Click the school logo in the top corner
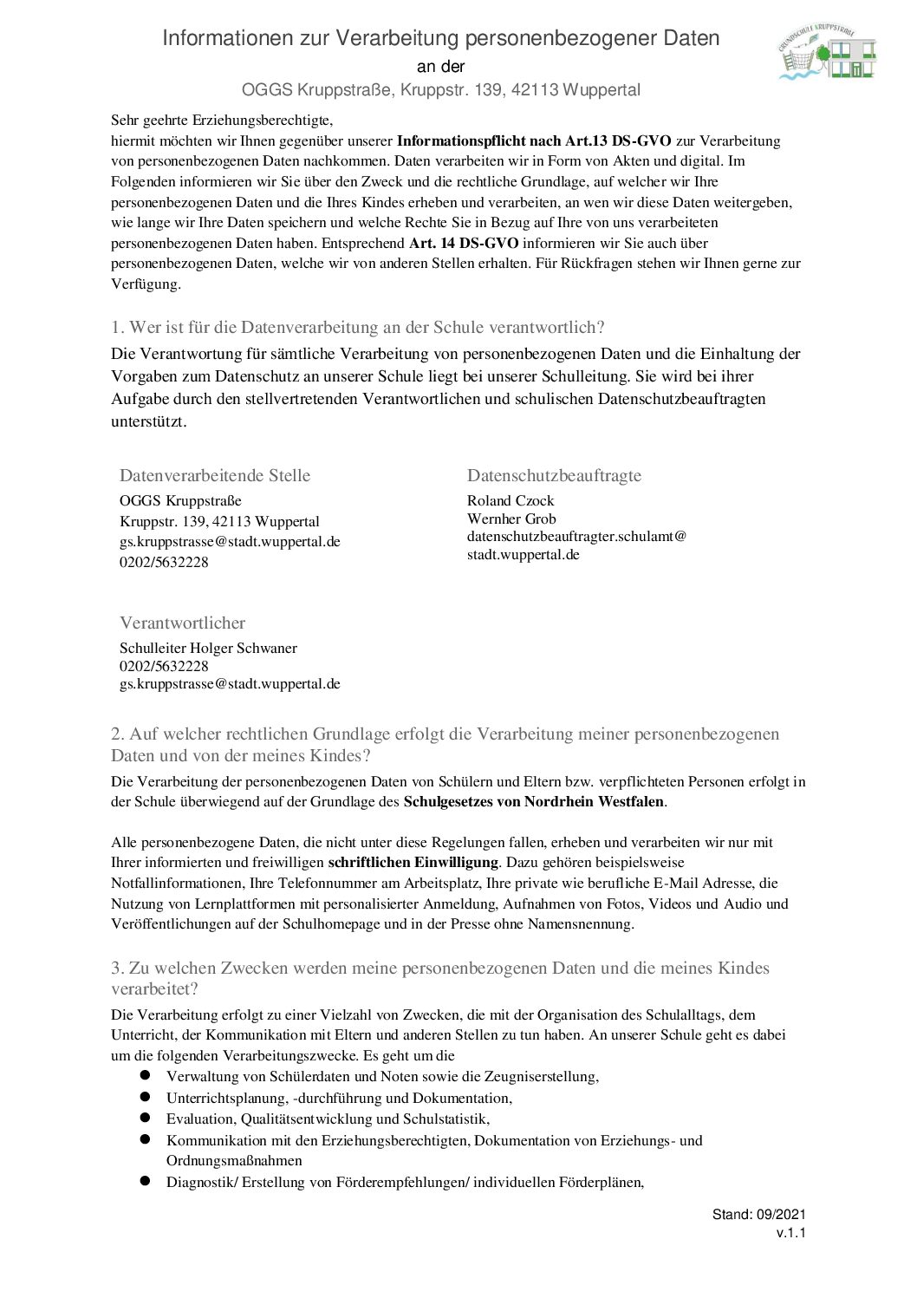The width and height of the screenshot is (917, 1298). point(828,52)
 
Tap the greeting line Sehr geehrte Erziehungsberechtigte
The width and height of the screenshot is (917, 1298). point(222,121)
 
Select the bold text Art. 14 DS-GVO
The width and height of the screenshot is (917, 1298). point(464,244)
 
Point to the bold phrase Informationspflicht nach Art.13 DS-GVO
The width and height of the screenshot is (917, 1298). point(534,140)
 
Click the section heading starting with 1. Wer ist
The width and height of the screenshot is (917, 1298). point(357,327)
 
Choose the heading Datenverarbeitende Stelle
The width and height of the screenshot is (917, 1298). point(215,475)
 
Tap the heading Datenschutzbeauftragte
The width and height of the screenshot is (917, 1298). point(554,475)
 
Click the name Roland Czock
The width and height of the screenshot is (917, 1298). point(511,500)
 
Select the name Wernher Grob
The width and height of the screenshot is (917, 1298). point(511,519)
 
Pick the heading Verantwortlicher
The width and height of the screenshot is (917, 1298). point(182,623)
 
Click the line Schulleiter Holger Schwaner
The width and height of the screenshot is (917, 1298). point(208,648)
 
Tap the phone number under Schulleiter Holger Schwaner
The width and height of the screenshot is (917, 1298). point(164,666)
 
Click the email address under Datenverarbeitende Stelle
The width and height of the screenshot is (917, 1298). point(230,542)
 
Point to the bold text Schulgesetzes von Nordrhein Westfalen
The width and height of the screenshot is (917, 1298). point(534,802)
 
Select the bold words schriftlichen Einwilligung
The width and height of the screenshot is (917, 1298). point(413,863)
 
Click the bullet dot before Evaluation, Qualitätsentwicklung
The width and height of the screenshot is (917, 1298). point(146,1119)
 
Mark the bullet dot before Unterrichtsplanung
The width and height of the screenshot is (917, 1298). point(146,1097)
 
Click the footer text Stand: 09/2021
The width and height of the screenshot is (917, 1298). point(758,1215)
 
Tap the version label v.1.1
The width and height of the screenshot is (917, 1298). point(790,1233)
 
